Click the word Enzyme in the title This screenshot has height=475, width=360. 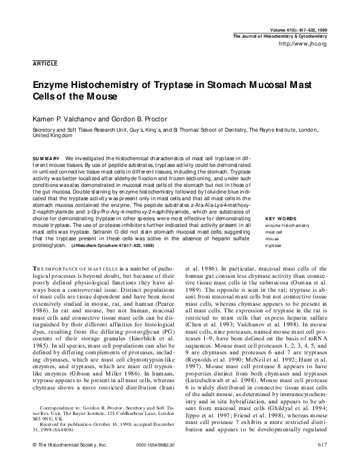[x=50, y=87]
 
